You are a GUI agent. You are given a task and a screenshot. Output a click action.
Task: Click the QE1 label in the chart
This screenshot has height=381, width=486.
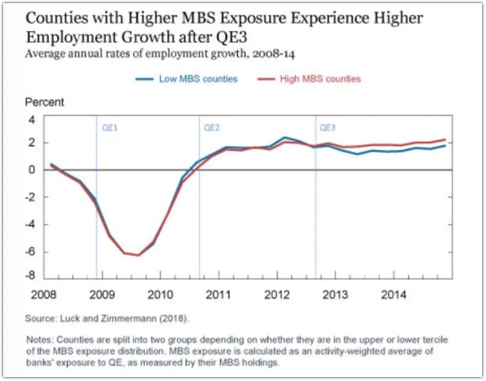(x=110, y=127)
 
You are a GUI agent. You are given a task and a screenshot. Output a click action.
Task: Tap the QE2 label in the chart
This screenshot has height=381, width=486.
(x=212, y=127)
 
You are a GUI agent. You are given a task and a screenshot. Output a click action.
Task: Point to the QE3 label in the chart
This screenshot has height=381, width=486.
(x=327, y=127)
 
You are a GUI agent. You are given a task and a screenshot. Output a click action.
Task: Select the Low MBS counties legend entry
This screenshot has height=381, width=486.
(x=198, y=79)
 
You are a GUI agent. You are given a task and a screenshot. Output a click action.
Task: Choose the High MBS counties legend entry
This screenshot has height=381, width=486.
(x=320, y=79)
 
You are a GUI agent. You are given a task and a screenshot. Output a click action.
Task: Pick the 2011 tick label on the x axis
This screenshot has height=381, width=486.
(x=219, y=295)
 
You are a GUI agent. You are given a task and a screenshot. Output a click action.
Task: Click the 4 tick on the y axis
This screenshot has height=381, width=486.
(x=33, y=120)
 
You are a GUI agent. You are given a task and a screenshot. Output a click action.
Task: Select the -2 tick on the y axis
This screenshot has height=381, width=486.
(x=31, y=197)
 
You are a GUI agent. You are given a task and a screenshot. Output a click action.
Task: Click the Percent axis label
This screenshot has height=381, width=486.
(x=44, y=103)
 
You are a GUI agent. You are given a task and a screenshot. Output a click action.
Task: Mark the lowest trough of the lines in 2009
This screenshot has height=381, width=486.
(x=138, y=255)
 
